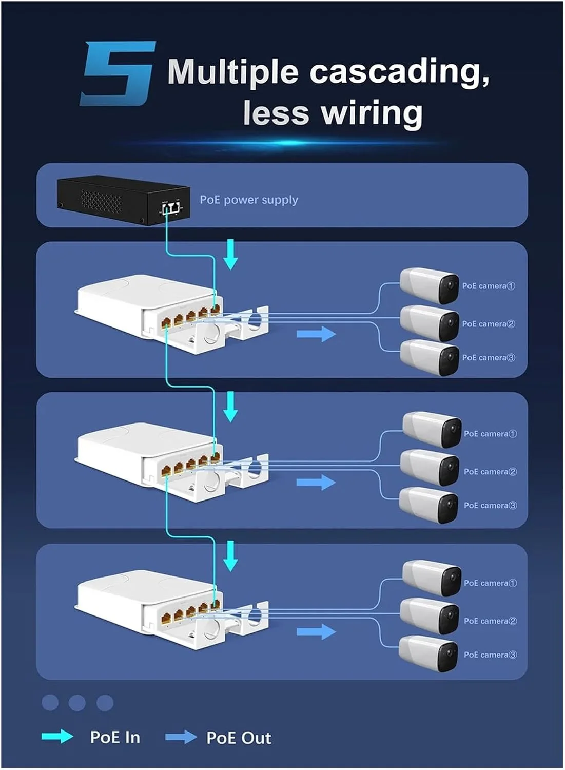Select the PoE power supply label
click(x=248, y=200)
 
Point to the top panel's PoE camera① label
click(x=488, y=286)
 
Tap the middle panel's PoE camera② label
click(x=490, y=472)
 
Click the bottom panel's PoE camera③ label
click(x=490, y=654)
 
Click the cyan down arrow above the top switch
click(x=231, y=255)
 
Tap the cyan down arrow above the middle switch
click(x=231, y=407)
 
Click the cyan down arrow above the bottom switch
click(x=231, y=556)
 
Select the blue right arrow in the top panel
click(x=316, y=334)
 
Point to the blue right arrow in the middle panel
click(x=316, y=483)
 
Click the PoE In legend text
click(x=115, y=738)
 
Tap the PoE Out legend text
click(x=239, y=738)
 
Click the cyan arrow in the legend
click(x=57, y=737)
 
